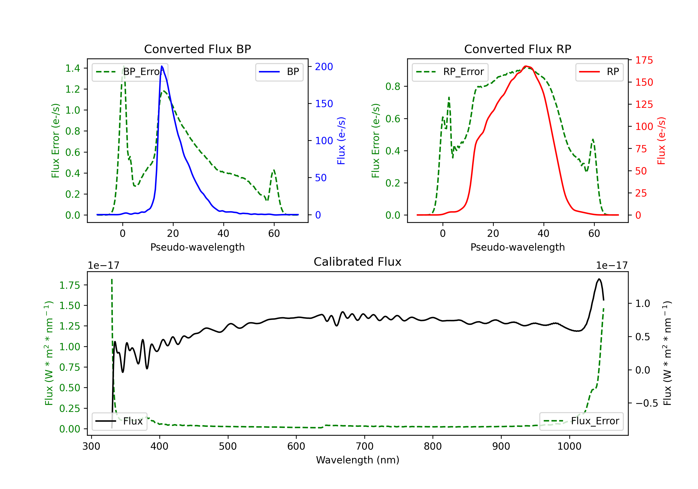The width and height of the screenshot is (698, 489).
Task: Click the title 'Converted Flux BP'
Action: [x=197, y=49]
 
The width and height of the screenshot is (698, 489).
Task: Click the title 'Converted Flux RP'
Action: [x=517, y=49]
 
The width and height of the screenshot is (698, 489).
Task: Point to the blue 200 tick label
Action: [x=324, y=67]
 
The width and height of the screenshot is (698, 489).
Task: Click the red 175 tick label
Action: [x=644, y=60]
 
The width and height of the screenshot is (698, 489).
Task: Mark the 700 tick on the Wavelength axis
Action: [x=365, y=446]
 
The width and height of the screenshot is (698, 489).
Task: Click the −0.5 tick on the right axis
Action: [x=647, y=403]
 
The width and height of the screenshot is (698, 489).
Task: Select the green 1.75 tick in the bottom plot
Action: [x=69, y=285]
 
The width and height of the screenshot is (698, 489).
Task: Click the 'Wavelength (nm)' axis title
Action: [x=358, y=460]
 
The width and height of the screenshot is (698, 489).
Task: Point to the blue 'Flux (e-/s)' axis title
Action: [x=341, y=141]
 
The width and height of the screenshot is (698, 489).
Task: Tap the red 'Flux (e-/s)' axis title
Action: [x=661, y=141]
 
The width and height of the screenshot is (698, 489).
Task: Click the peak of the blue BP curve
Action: [x=162, y=66]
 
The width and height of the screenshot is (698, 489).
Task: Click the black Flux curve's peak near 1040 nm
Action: [x=599, y=279]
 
